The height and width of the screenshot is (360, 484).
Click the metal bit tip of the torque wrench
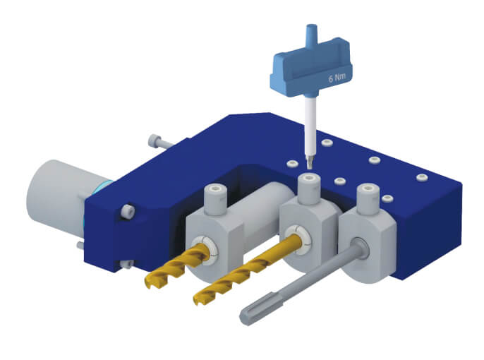pos(309,160)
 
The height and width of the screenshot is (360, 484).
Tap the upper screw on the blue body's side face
pos(128,210)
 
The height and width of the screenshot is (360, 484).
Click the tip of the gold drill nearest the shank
pos(152,282)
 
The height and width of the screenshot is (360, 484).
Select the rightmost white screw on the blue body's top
pos(421,176)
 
